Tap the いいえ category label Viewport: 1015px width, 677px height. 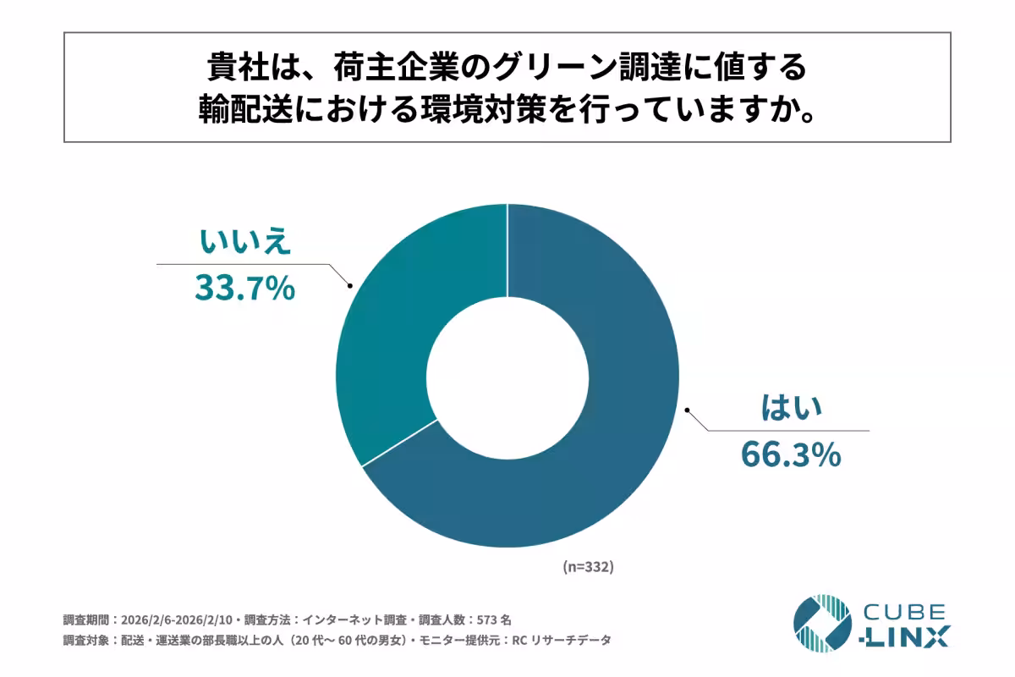pos(246,243)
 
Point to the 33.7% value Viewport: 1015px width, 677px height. pos(245,289)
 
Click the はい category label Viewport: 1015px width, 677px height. pos(791,410)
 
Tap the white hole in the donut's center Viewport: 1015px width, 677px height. pos(507,377)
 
